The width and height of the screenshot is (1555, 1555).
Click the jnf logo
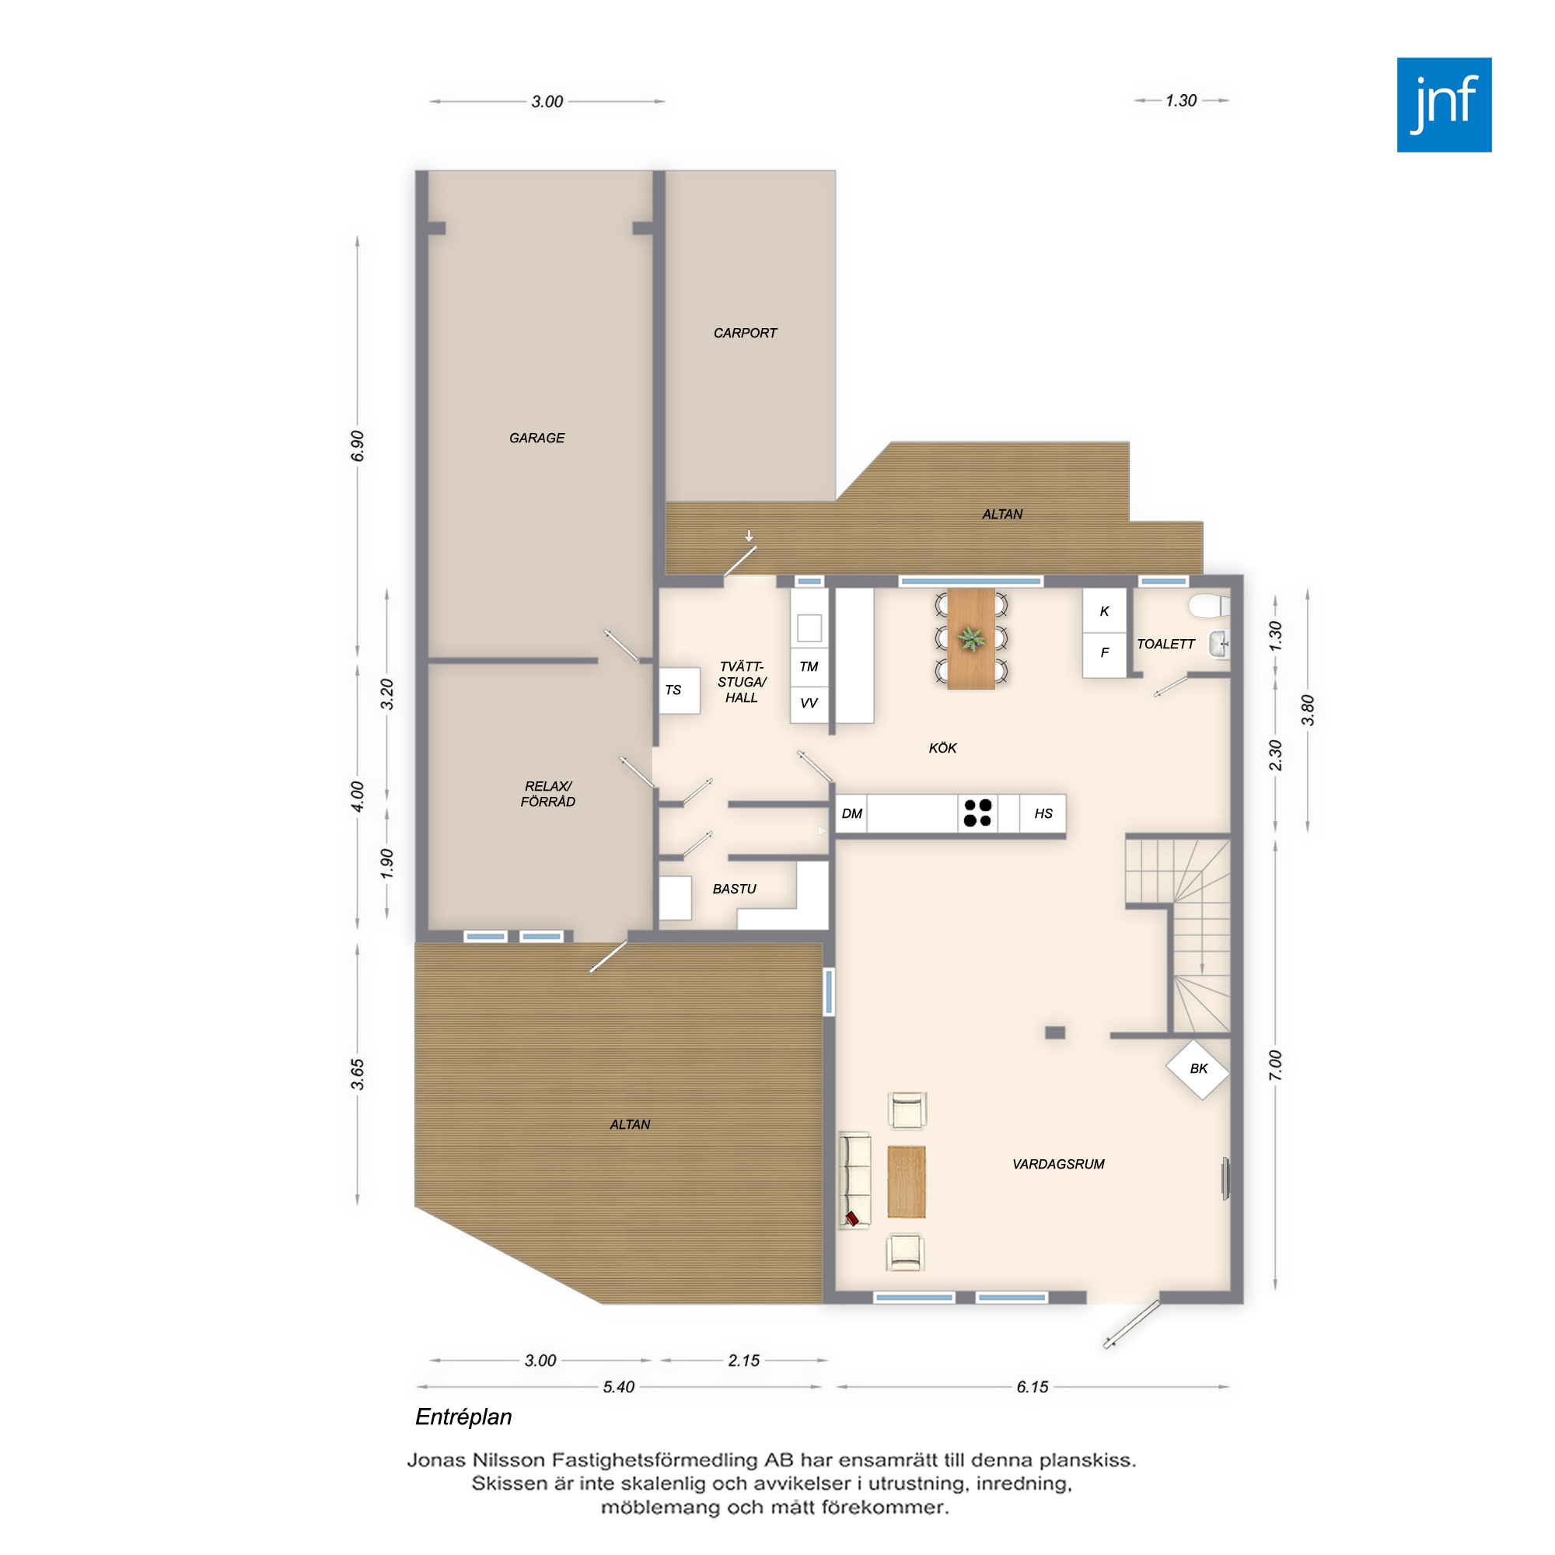click(1444, 105)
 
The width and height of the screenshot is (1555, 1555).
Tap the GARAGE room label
click(536, 438)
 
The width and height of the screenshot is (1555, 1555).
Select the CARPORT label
click(746, 334)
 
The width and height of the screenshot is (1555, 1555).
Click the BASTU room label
click(734, 889)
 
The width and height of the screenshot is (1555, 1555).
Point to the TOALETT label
click(1165, 644)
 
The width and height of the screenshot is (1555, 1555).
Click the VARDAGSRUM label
click(1058, 1164)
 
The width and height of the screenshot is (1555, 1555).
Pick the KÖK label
click(942, 748)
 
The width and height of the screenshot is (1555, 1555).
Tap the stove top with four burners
click(978, 813)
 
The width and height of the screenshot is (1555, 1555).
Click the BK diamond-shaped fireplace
click(1198, 1069)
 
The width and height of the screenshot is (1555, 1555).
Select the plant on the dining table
click(971, 639)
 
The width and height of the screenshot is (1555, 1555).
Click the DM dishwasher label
click(851, 814)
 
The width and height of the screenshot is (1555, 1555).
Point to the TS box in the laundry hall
click(680, 690)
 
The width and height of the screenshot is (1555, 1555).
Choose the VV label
click(809, 703)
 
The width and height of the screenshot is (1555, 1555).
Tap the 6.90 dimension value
click(358, 446)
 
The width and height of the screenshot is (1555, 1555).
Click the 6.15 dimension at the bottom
click(1033, 1387)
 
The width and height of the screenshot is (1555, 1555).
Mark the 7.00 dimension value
click(1275, 1066)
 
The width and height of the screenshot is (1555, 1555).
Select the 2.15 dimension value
click(744, 1360)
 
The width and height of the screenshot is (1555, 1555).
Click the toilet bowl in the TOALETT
click(1208, 605)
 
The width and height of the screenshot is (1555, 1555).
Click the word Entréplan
click(463, 1417)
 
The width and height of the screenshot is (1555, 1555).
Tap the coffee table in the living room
click(907, 1182)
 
